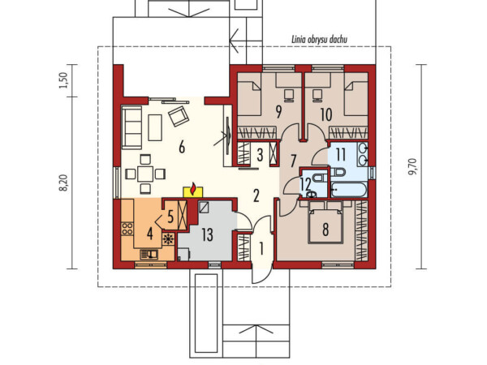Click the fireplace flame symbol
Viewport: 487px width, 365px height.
point(193,189)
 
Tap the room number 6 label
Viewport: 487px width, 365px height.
point(182,147)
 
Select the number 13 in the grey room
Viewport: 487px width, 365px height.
point(207,234)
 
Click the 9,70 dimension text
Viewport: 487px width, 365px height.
point(413,166)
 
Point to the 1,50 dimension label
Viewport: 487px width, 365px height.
point(63,80)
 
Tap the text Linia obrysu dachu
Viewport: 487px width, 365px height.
point(319,40)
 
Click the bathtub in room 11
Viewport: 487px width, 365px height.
point(349,190)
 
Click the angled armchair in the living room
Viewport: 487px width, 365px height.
point(179,116)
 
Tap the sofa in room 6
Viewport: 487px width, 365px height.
point(131,127)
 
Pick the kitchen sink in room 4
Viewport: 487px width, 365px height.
point(149,255)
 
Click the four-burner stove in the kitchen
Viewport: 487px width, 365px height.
point(127,229)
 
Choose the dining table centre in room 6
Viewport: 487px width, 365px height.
point(145,174)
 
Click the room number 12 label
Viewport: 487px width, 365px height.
point(306,184)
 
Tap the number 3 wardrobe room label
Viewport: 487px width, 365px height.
point(260,155)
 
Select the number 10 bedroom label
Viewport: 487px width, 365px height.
point(326,114)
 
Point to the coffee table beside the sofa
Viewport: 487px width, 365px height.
point(155,127)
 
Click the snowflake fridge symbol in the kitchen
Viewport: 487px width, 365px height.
point(168,239)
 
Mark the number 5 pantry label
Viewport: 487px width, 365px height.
point(170,217)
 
